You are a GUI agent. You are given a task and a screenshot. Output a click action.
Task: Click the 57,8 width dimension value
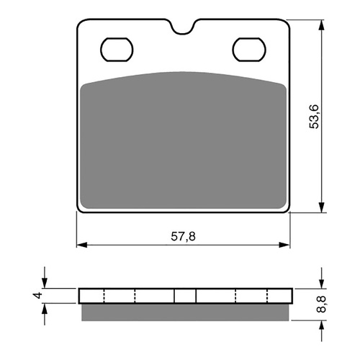[x=183, y=237]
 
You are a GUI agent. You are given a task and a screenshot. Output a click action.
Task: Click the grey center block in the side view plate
[x=185, y=296]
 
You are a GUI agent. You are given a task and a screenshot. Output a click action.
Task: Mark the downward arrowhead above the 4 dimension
[x=45, y=284]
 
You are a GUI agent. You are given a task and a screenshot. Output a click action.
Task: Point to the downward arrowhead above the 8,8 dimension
[x=320, y=284]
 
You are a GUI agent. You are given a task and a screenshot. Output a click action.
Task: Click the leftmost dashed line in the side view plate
[x=104, y=296]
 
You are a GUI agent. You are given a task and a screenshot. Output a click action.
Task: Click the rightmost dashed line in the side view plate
[x=267, y=296]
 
